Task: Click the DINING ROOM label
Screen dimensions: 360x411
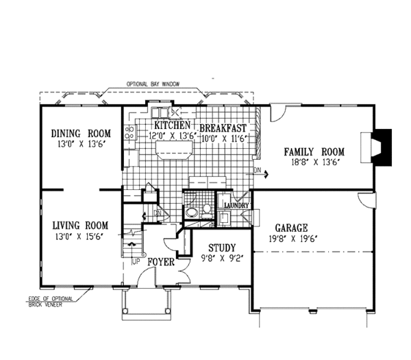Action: [81, 133]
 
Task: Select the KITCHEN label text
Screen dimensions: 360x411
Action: [171, 126]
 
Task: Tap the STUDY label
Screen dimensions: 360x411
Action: [219, 248]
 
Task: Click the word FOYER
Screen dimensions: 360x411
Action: [159, 263]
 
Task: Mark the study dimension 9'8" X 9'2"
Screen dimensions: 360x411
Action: [219, 259]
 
